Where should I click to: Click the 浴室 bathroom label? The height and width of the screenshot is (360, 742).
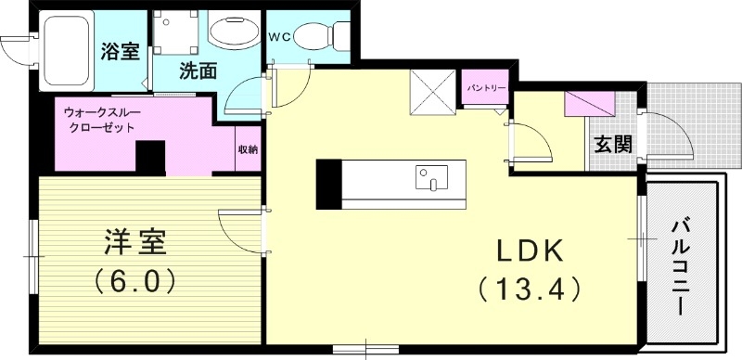tap(121, 51)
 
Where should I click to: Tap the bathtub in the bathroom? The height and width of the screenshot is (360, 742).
tap(66, 51)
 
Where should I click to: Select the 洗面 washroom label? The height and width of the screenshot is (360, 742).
tap(198, 71)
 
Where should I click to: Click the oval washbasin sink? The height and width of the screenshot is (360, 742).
tap(235, 32)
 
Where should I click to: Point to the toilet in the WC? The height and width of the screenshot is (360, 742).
tap(321, 35)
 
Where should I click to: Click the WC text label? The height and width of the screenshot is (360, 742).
tap(279, 36)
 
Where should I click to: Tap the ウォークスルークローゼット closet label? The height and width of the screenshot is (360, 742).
tap(99, 120)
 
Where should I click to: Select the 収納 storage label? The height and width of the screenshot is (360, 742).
tap(248, 149)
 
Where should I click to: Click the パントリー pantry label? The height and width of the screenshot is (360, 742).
tap(485, 88)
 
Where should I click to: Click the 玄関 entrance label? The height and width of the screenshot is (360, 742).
tap(613, 144)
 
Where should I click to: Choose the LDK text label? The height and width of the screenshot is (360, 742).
tap(530, 251)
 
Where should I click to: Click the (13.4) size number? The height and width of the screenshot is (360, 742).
tap(529, 289)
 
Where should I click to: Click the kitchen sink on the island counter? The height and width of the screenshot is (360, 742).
tap(431, 177)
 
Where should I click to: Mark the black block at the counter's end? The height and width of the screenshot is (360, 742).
tap(328, 185)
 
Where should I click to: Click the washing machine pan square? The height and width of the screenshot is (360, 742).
tap(175, 32)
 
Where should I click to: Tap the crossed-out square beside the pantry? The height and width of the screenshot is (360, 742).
tap(433, 93)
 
